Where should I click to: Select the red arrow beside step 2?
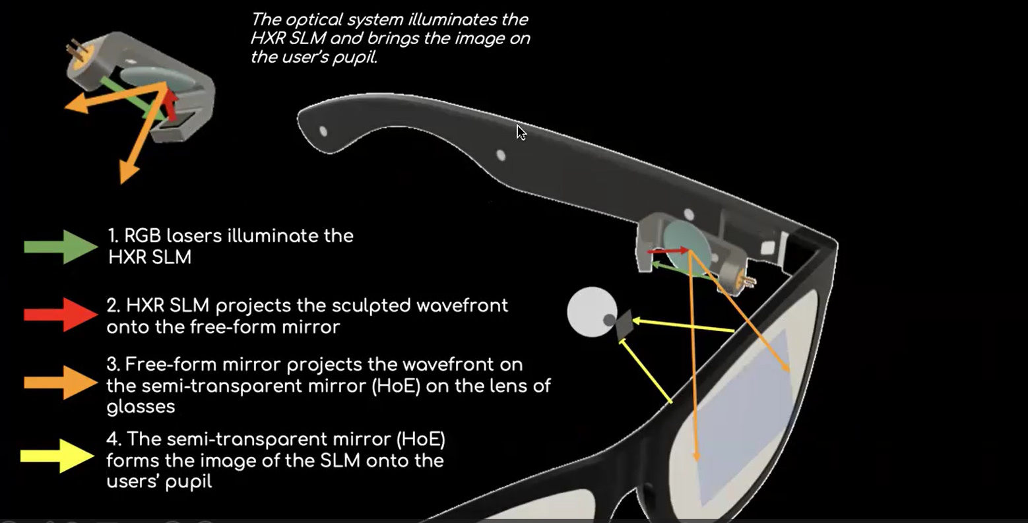pos(61,315)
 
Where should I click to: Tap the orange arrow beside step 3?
pos(61,383)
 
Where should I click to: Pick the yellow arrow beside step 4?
pos(58,456)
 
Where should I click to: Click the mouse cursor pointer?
pos(521,133)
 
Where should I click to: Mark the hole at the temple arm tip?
pos(323,131)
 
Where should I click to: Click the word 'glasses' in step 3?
pos(141,406)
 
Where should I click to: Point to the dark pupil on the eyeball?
pos(609,321)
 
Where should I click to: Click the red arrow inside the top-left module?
pos(171,104)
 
